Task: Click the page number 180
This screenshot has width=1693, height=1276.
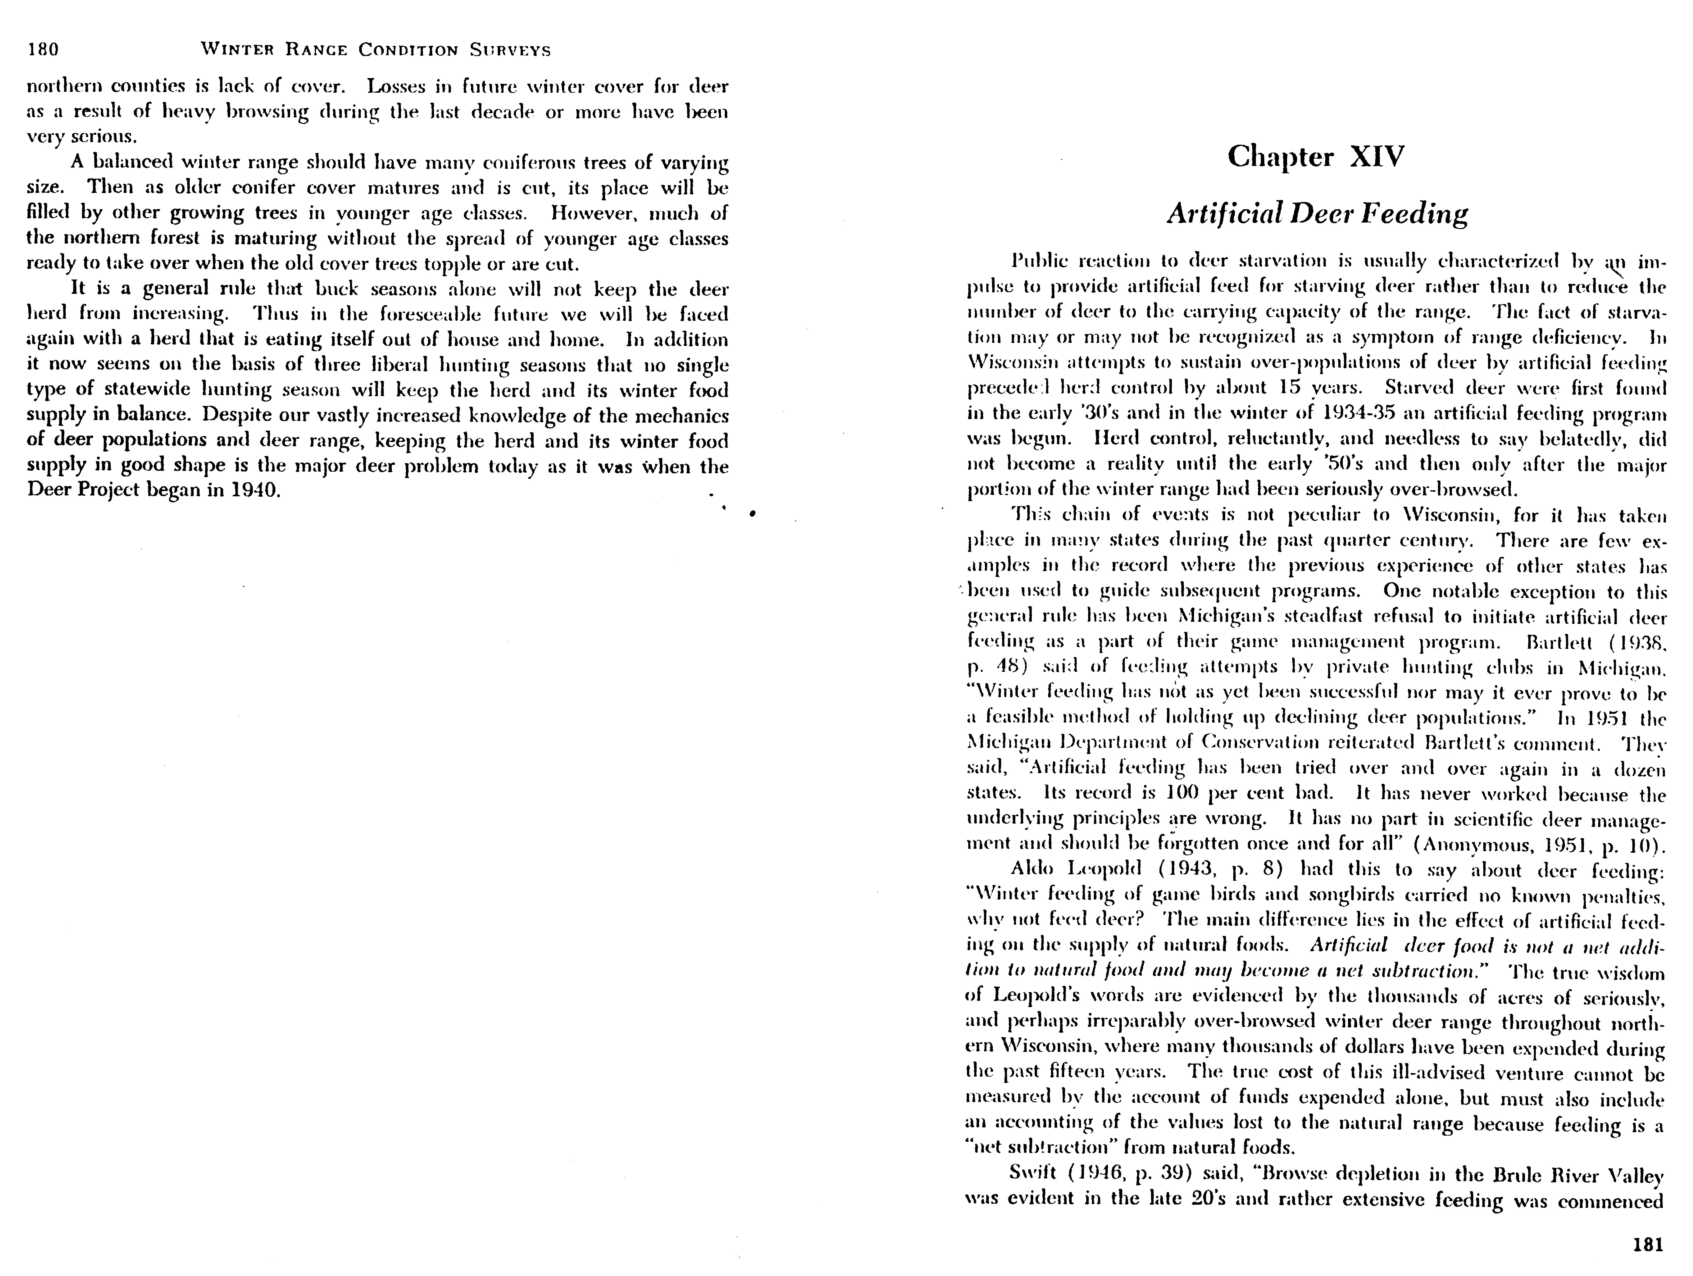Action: coord(43,50)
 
